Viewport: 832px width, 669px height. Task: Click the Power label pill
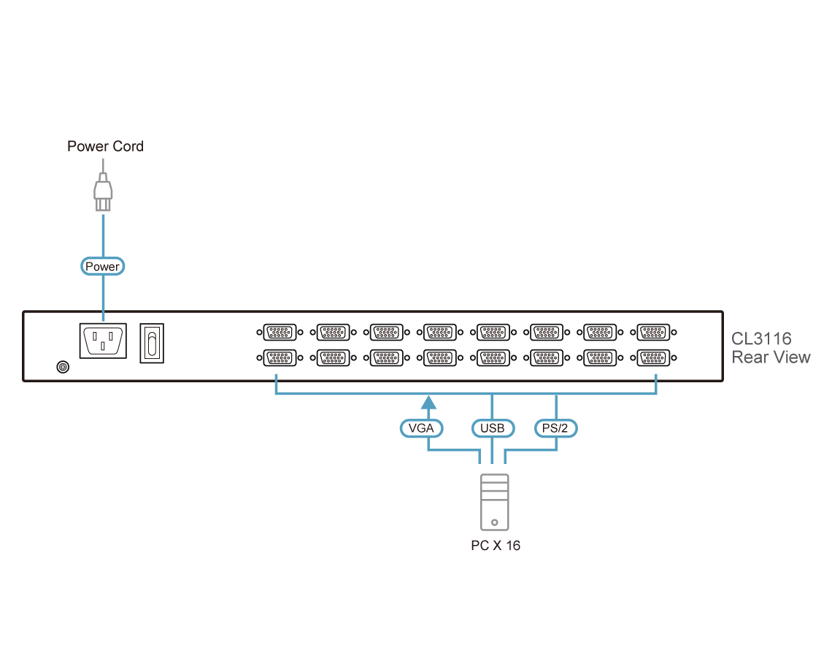tap(102, 266)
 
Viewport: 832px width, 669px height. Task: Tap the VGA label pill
tap(422, 428)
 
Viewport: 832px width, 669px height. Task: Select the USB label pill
tap(493, 428)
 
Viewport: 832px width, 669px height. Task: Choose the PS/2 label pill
tap(556, 428)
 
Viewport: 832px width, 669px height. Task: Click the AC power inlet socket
tap(102, 341)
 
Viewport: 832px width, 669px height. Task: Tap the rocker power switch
tap(152, 342)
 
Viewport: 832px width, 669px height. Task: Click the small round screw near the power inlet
tap(63, 366)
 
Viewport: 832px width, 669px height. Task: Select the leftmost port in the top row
tap(278, 333)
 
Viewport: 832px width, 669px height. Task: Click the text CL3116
tap(761, 339)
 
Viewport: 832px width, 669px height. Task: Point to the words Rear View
tap(770, 357)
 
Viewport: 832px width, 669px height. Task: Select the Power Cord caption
tap(105, 147)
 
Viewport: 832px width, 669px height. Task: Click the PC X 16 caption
tap(496, 546)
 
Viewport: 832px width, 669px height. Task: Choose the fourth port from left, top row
tap(439, 333)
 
